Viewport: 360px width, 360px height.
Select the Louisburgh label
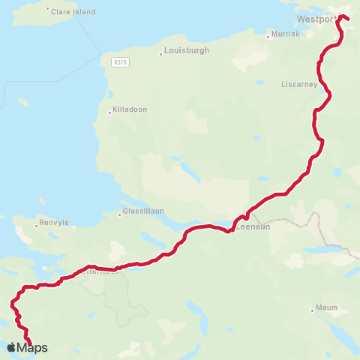pyautogui.click(x=187, y=51)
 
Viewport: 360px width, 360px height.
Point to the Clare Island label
pyautogui.click(x=70, y=12)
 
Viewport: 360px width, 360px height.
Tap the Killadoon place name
pyautogui.click(x=130, y=110)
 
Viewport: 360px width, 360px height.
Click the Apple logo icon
pyautogui.click(x=11, y=347)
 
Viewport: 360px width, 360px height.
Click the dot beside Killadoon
pyautogui.click(x=110, y=112)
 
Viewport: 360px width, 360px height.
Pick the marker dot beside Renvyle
pyautogui.click(x=37, y=225)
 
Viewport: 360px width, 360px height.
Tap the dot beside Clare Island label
pyautogui.click(x=48, y=10)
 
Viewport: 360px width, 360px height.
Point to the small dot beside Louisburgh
pyautogui.click(x=161, y=53)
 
